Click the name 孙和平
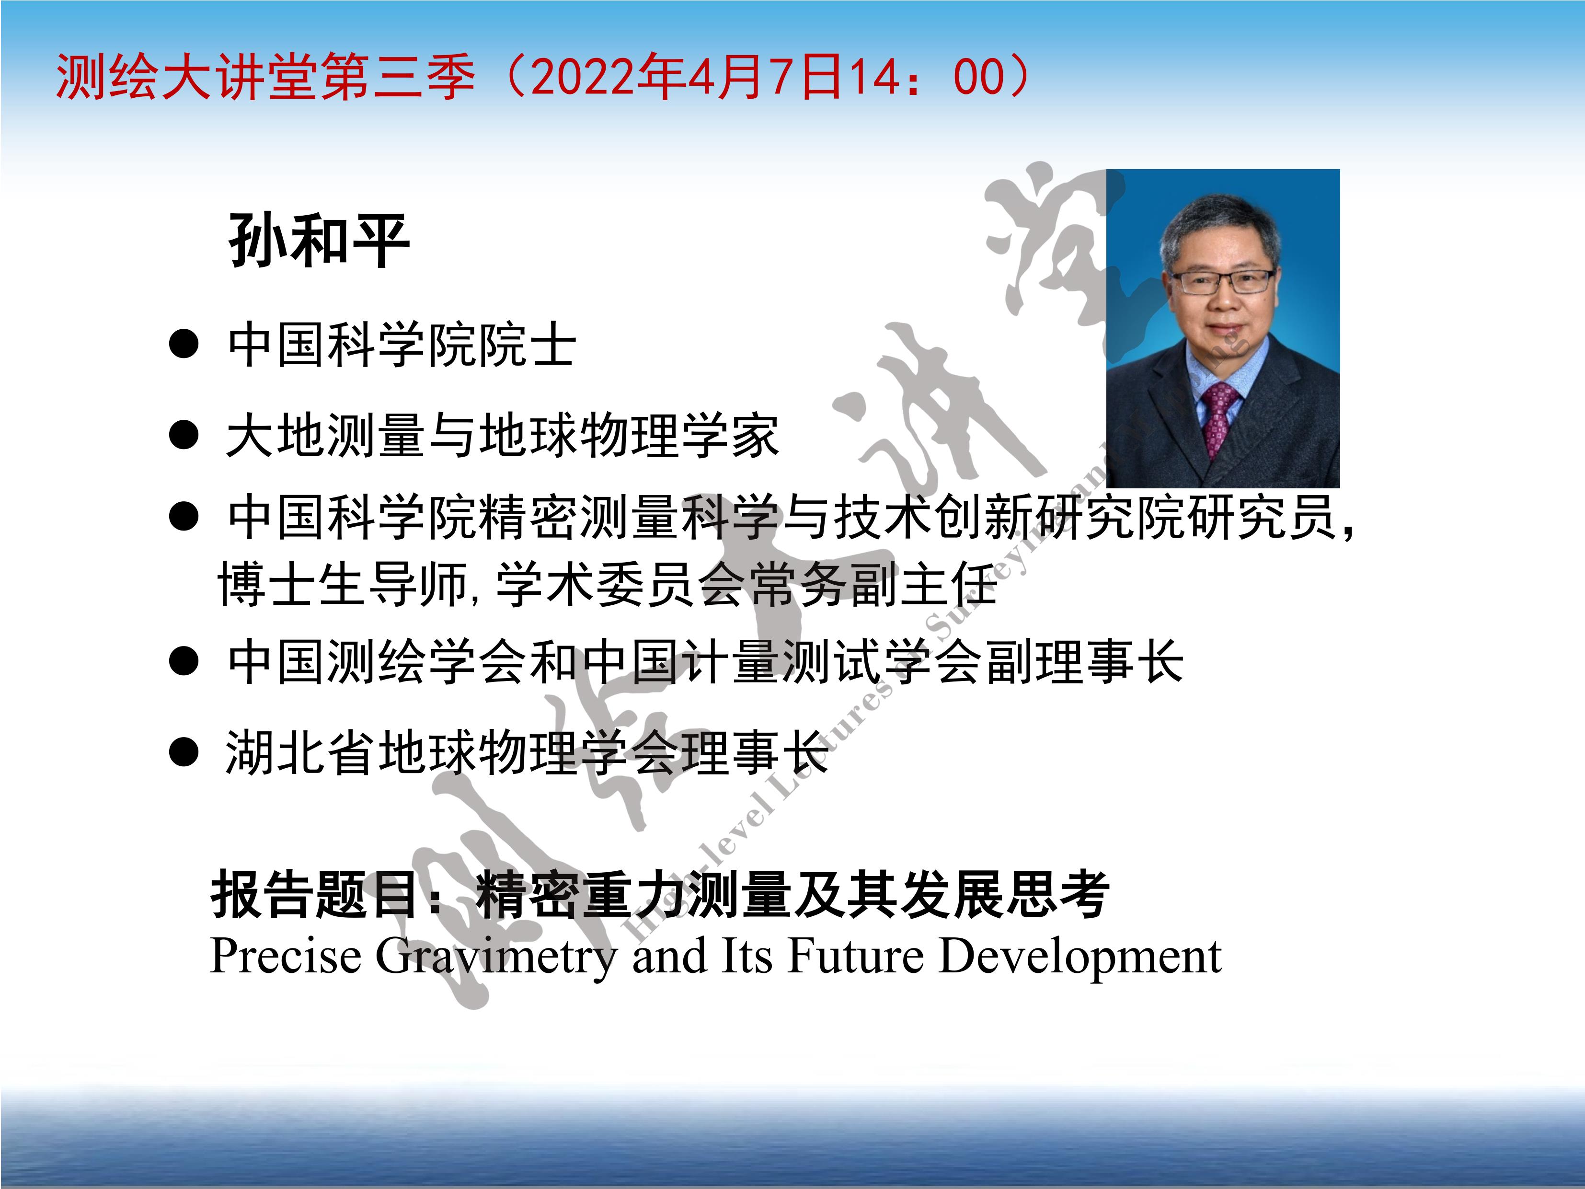319,240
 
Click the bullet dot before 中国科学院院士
184,344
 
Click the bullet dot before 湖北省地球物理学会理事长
184,752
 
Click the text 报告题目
315,894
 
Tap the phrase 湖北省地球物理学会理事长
528,752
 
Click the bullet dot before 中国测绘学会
184,661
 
